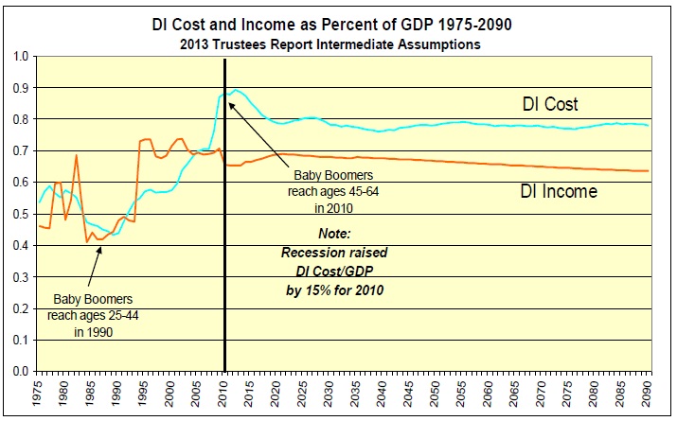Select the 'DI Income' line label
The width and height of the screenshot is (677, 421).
click(559, 191)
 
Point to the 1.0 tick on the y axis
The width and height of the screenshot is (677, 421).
click(20, 56)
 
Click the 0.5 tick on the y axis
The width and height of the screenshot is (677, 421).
click(20, 214)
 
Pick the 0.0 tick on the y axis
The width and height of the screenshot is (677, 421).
click(20, 372)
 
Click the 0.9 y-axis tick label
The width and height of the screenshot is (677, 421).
click(20, 88)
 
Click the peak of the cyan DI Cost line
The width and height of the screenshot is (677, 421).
click(236, 90)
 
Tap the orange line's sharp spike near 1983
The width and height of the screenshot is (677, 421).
click(77, 155)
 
